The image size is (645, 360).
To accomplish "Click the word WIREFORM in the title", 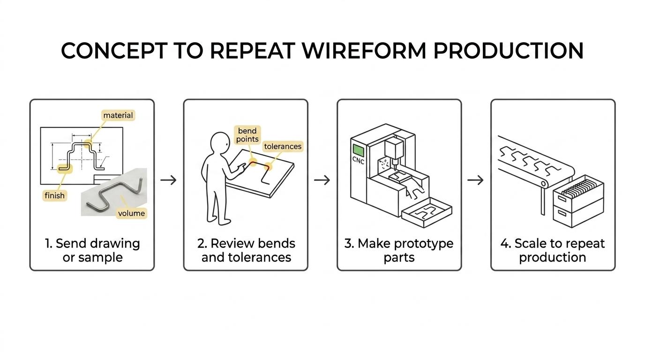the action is click(x=364, y=51).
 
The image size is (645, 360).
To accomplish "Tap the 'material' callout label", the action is click(x=118, y=115).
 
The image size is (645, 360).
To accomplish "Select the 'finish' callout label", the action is click(x=55, y=195).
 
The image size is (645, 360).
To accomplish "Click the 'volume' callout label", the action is click(x=132, y=213).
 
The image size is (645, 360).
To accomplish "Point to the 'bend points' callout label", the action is click(x=247, y=135).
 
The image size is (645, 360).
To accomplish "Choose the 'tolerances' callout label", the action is click(x=283, y=146).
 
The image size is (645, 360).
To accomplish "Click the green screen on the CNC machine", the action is click(x=358, y=150).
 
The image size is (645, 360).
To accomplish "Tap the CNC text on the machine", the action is click(x=358, y=160).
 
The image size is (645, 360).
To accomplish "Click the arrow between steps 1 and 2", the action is click(x=168, y=180).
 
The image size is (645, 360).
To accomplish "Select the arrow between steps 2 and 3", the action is click(x=322, y=180).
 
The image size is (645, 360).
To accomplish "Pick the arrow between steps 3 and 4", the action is click(x=475, y=180).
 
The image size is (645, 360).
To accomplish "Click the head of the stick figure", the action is click(x=220, y=143).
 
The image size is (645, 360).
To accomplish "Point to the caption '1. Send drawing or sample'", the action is click(x=92, y=250).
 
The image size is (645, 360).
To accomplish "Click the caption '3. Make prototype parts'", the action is click(x=399, y=250).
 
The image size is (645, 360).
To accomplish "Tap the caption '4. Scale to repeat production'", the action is click(x=553, y=250).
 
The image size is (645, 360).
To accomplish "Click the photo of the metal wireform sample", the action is click(x=114, y=192).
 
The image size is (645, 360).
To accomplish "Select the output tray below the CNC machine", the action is click(x=427, y=212).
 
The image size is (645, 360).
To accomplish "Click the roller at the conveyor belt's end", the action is click(x=543, y=183).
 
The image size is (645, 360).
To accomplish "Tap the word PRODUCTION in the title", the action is click(x=509, y=51).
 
